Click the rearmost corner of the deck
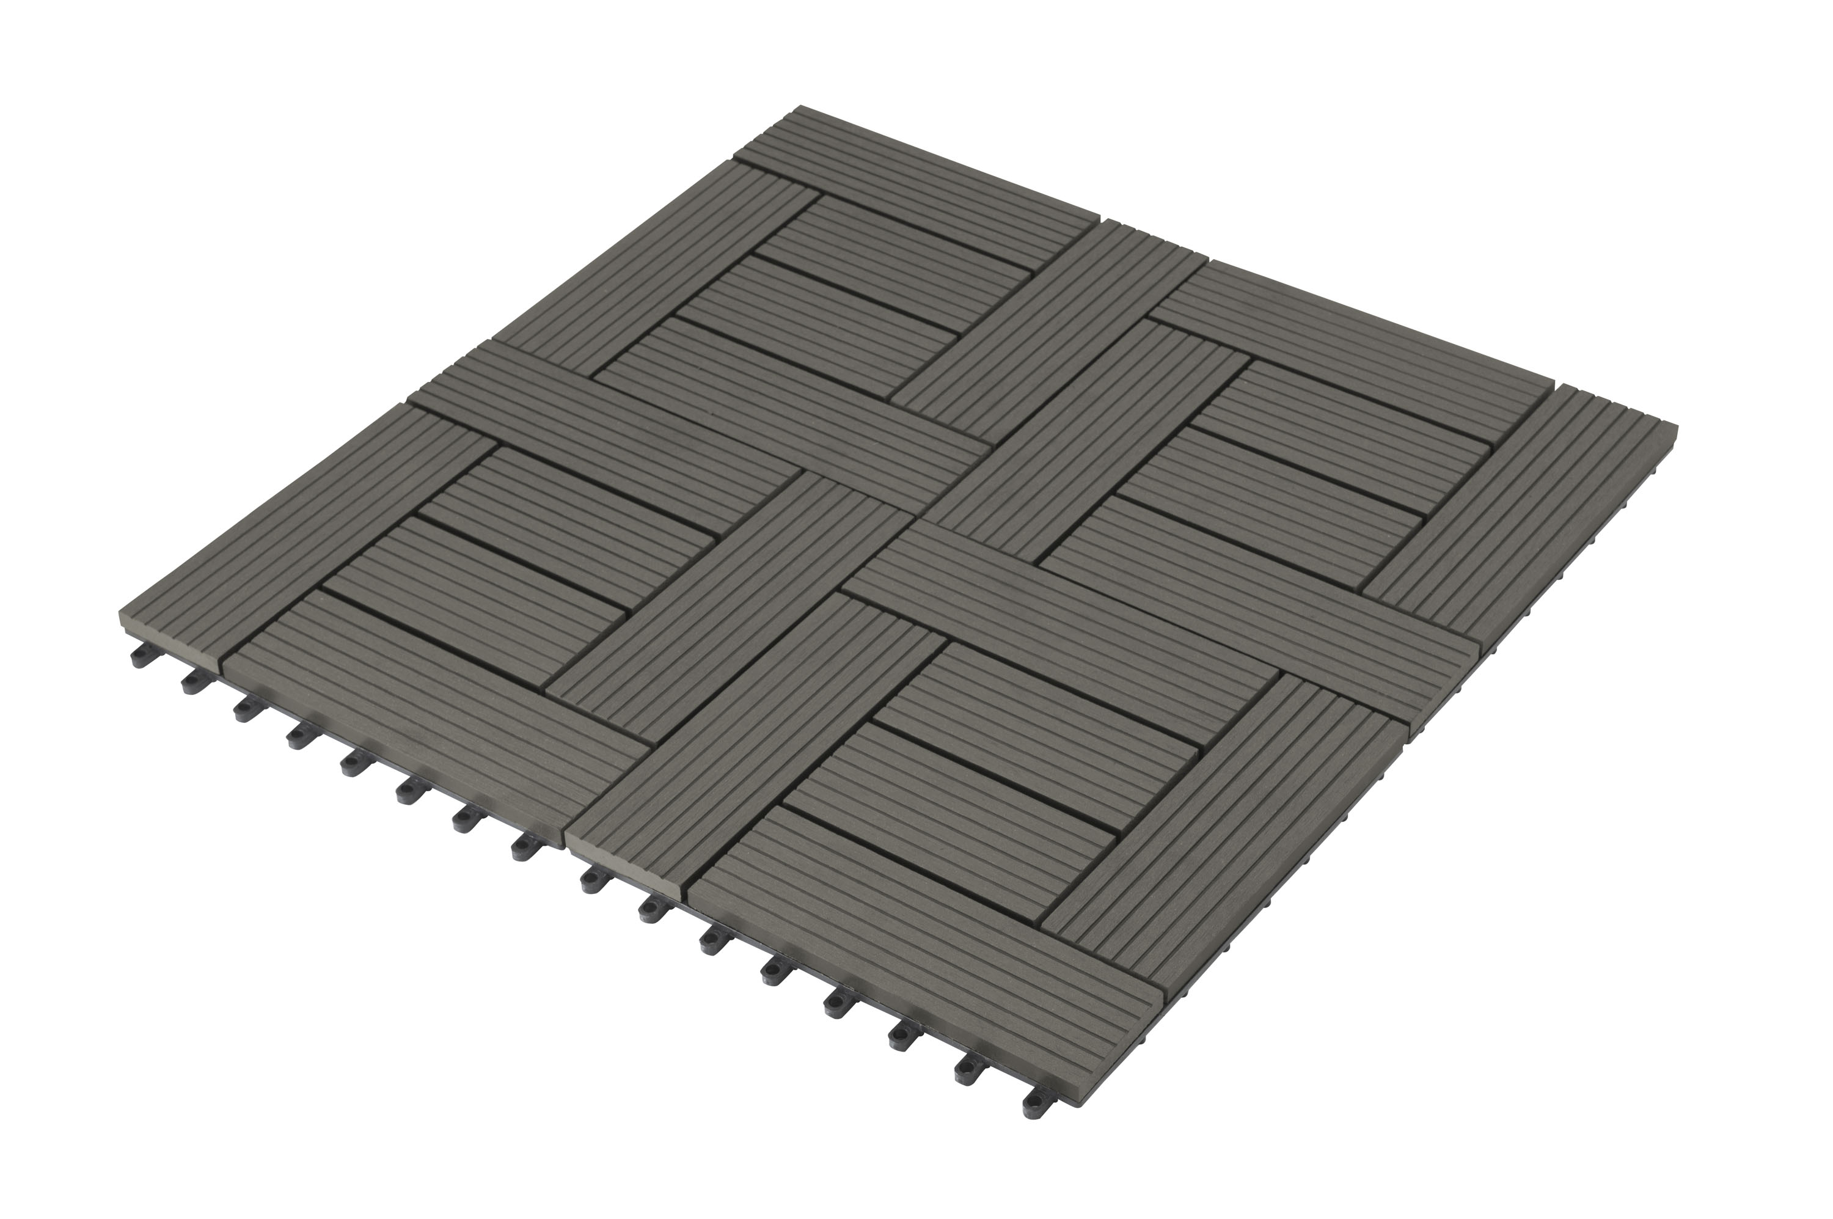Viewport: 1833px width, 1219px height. [x=800, y=109]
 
